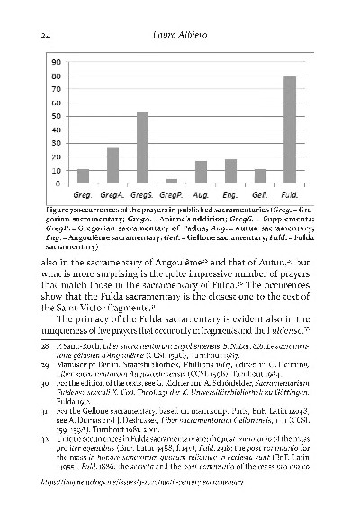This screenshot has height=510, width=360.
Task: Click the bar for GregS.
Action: pos(141,148)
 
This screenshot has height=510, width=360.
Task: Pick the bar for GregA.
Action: pos(112,166)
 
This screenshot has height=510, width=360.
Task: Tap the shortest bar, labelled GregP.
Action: pos(171,182)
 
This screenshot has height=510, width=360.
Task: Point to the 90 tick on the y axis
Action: pos(56,63)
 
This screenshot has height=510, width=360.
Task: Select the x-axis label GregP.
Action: pos(171,194)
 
